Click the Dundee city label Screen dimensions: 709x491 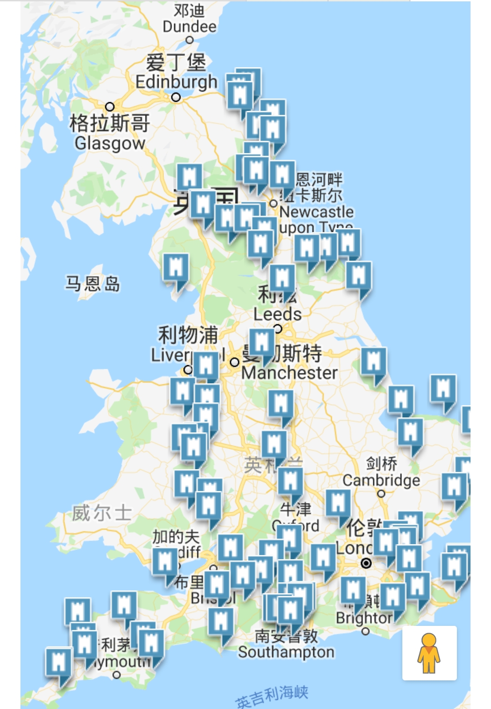tap(189, 26)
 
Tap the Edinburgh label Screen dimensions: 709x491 tap(176, 82)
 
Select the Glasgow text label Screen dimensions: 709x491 tap(110, 143)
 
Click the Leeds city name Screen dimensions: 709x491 tap(277, 314)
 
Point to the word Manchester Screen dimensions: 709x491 tap(290, 373)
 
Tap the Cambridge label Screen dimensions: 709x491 tap(381, 480)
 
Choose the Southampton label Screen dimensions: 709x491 tap(286, 652)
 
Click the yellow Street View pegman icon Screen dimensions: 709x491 tap(429, 653)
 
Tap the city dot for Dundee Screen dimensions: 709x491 tap(190, 40)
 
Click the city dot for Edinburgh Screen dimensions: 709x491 tap(176, 97)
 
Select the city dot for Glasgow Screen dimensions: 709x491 tap(110, 107)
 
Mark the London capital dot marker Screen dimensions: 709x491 tap(366, 564)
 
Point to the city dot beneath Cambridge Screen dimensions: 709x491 tap(381, 493)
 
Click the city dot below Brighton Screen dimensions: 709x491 tap(366, 631)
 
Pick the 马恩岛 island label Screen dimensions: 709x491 tap(93, 284)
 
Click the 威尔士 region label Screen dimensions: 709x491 tap(102, 513)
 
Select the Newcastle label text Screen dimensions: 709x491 tap(316, 212)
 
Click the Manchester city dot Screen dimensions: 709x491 tap(235, 362)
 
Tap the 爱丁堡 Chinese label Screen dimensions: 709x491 tap(176, 62)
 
